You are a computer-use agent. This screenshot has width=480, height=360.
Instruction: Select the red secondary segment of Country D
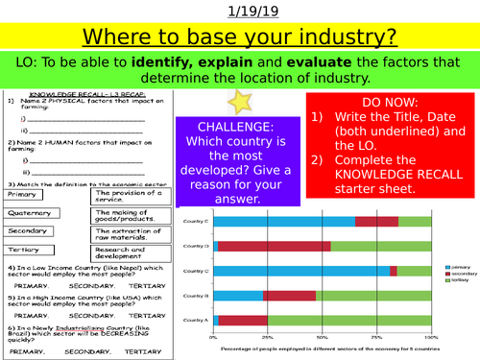275,246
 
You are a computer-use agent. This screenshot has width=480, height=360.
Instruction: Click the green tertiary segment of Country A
349,320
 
